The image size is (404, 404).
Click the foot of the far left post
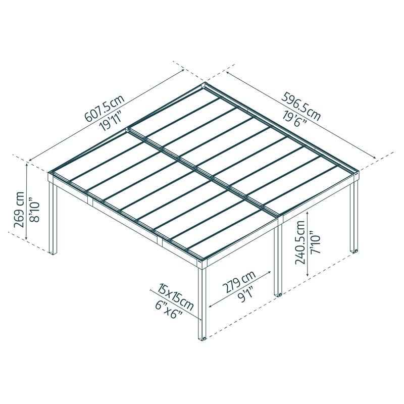pyautogui.click(x=53, y=252)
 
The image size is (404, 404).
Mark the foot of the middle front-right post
pyautogui.click(x=278, y=294)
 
